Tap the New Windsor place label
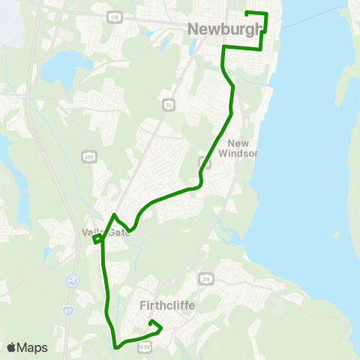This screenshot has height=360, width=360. [238, 148]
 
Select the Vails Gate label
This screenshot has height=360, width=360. [106, 232]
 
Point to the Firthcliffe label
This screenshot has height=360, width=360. [167, 305]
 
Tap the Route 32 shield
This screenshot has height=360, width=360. [169, 104]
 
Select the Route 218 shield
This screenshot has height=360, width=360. [205, 279]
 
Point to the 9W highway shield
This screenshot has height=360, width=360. [145, 346]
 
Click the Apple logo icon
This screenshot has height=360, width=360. [11, 347]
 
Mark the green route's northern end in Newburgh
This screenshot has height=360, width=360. [248, 13]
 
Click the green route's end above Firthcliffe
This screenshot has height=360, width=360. [151, 322]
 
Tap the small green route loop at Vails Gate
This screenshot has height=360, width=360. [97, 239]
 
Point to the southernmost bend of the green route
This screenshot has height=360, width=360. [116, 346]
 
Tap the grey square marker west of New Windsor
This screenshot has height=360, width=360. [202, 161]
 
